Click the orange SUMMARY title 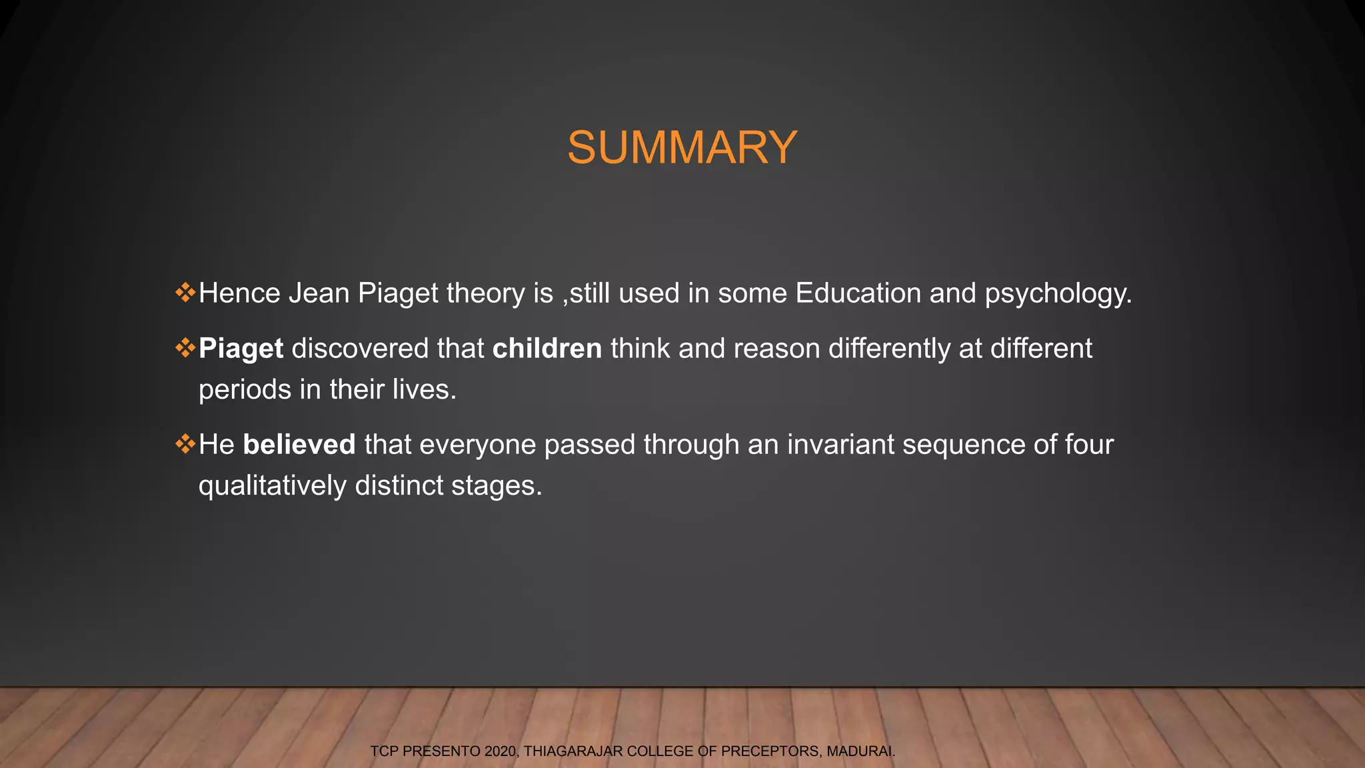tap(682, 147)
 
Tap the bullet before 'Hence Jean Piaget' tap(185, 292)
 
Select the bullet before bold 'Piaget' tap(185, 347)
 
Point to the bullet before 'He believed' tap(185, 443)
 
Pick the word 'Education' tap(858, 293)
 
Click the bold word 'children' tap(547, 349)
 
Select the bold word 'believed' tap(299, 445)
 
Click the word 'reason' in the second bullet tap(776, 349)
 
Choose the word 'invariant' tap(840, 445)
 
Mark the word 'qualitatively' tap(272, 486)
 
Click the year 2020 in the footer tap(500, 751)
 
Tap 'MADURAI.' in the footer tap(860, 751)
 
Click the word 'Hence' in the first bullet tap(239, 293)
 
